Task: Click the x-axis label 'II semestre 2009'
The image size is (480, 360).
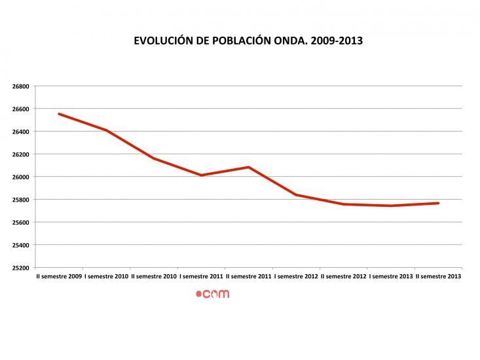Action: pyautogui.click(x=59, y=276)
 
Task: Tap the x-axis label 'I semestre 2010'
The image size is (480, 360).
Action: pyautogui.click(x=106, y=276)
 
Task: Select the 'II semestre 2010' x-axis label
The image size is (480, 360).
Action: pyautogui.click(x=154, y=276)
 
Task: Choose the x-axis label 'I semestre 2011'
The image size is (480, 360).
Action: pyautogui.click(x=201, y=276)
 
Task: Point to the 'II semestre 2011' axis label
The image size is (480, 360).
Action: pyautogui.click(x=248, y=276)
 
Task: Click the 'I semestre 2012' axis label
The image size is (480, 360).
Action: pyautogui.click(x=296, y=276)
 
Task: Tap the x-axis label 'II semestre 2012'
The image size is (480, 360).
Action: pyautogui.click(x=343, y=276)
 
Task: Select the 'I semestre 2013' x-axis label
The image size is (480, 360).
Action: pyautogui.click(x=391, y=276)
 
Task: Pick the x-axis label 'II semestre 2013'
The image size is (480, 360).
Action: pyautogui.click(x=438, y=276)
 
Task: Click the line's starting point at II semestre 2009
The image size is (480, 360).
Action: pyautogui.click(x=59, y=114)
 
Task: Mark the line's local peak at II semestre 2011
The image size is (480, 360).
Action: pyautogui.click(x=249, y=167)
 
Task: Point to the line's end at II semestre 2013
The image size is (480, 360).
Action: pyautogui.click(x=438, y=203)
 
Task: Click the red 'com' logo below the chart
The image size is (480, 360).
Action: pyautogui.click(x=213, y=294)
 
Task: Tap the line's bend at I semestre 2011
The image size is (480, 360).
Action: pyautogui.click(x=201, y=175)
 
